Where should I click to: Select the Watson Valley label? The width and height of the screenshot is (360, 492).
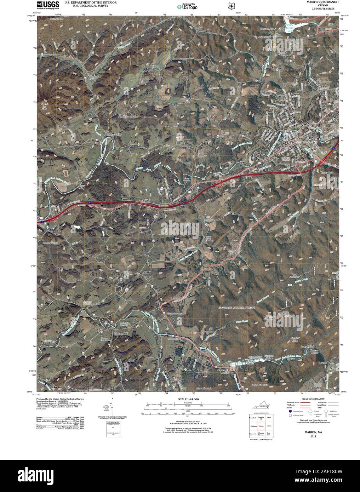[113, 135]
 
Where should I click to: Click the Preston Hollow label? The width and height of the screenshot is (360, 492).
[50, 242]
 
